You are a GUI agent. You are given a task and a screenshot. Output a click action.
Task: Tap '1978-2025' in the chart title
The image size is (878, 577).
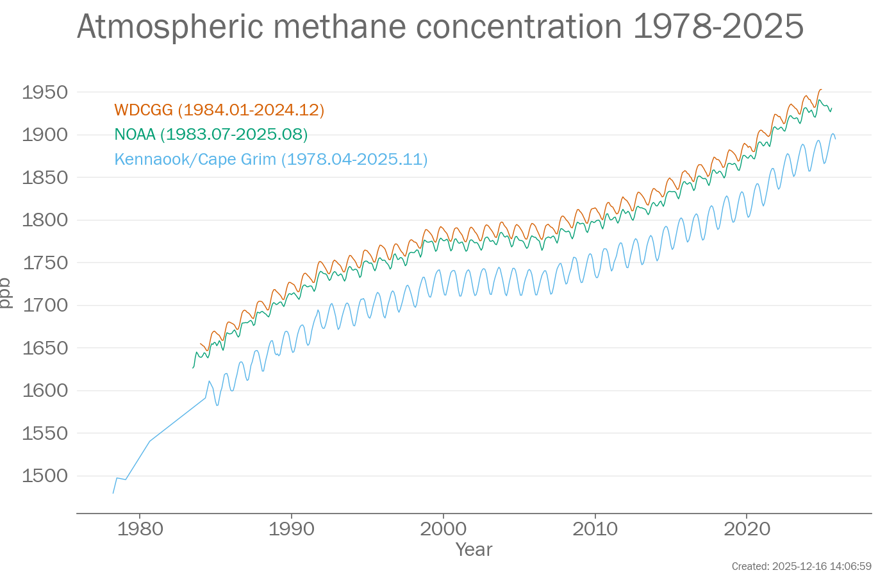click(x=718, y=27)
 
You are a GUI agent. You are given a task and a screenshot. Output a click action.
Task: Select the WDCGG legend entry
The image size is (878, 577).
click(x=219, y=110)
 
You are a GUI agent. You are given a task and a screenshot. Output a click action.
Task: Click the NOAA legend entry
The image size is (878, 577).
click(x=211, y=135)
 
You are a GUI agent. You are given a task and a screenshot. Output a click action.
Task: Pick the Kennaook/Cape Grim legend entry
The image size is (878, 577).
click(x=270, y=159)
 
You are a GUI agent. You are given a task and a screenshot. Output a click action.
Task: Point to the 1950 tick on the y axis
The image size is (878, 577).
click(x=45, y=92)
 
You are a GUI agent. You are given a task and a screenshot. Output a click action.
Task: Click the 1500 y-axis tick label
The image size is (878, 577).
click(x=45, y=476)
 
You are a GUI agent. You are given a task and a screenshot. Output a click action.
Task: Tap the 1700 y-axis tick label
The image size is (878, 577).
click(x=45, y=305)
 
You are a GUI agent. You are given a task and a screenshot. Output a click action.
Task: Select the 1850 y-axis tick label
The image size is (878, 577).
click(x=45, y=178)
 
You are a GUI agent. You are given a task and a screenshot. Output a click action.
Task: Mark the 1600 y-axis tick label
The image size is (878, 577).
click(x=45, y=390)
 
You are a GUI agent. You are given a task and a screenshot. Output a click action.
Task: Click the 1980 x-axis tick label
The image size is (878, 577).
click(x=140, y=529)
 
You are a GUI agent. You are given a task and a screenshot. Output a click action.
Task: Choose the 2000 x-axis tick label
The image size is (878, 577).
click(x=443, y=529)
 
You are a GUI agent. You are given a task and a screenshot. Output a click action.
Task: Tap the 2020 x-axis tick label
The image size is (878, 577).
click(x=747, y=529)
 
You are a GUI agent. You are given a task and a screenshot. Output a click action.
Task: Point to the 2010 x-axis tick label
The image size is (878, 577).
click(x=595, y=529)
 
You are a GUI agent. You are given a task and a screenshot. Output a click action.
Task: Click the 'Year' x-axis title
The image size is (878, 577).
click(x=474, y=549)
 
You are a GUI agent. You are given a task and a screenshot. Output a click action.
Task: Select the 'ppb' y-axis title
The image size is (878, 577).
click(x=6, y=293)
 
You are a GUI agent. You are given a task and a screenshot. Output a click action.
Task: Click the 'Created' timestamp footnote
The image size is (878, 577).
click(x=801, y=566)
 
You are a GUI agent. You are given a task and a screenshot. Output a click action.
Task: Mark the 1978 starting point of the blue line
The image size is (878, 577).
click(x=113, y=493)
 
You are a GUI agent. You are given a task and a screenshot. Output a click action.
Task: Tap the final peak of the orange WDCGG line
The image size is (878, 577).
click(x=820, y=90)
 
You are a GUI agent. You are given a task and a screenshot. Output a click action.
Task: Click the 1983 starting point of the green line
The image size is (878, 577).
click(x=193, y=367)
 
